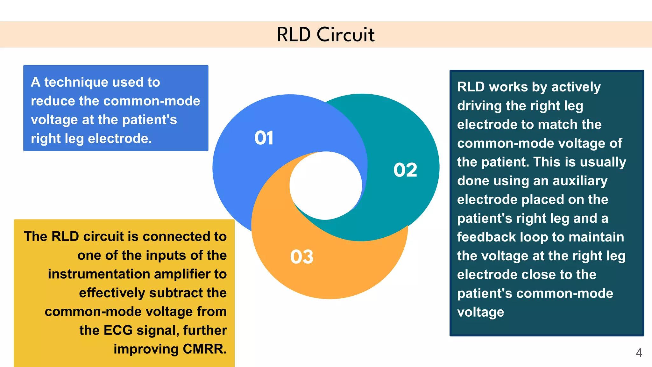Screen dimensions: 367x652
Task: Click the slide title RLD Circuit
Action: tap(326, 34)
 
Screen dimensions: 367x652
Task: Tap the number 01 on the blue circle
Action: tap(264, 138)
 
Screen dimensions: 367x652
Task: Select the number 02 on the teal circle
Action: tap(405, 170)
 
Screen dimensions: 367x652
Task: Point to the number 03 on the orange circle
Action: tap(301, 257)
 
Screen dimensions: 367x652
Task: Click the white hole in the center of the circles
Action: tap(326, 186)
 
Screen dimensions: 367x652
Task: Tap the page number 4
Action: tap(639, 353)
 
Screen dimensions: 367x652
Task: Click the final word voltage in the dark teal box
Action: tap(480, 312)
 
